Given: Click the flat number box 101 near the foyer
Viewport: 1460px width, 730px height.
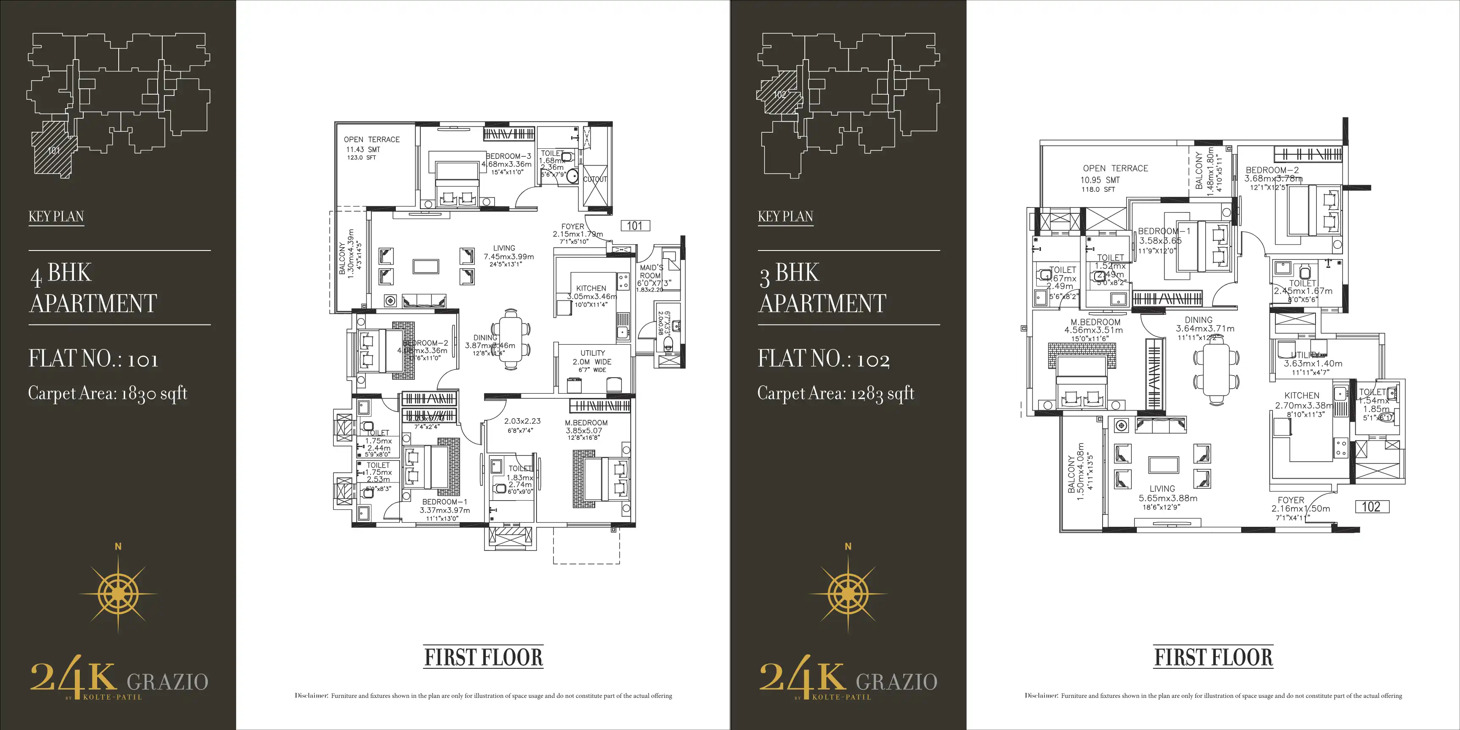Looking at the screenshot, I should tap(635, 226).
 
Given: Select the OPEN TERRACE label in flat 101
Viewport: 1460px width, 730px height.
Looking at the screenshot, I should tap(371, 139).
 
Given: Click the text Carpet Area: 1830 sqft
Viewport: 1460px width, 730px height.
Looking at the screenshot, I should tap(108, 394).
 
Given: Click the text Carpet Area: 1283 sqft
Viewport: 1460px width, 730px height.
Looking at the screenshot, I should tap(836, 394).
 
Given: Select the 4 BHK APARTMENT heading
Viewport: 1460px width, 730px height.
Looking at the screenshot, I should tap(93, 288).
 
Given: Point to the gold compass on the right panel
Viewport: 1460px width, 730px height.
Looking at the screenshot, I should tap(848, 594).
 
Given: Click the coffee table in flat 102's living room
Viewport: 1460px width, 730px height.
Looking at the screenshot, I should tap(1163, 465).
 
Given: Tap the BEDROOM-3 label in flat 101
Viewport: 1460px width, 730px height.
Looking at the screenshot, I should tap(508, 156).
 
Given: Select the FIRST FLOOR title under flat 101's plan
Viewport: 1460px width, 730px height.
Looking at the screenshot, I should tap(483, 657).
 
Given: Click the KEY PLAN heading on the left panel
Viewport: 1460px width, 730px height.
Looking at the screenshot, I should tap(56, 216).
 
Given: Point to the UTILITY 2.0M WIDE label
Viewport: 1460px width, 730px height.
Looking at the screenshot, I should tap(592, 357).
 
